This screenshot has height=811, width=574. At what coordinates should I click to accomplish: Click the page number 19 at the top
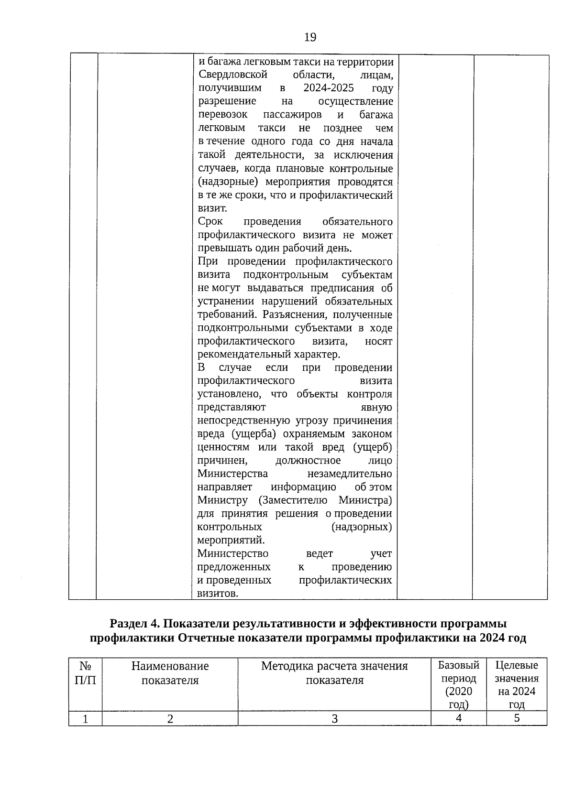pyautogui.click(x=309, y=37)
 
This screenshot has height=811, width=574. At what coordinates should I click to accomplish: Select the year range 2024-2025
pyautogui.click(x=328, y=88)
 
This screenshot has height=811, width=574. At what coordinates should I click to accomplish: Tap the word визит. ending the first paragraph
pyautogui.click(x=212, y=208)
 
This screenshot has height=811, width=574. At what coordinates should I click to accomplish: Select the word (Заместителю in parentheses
pyautogui.click(x=293, y=500)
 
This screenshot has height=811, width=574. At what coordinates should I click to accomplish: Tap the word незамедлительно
pyautogui.click(x=349, y=474)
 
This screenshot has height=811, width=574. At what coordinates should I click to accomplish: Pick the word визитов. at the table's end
pyautogui.click(x=218, y=594)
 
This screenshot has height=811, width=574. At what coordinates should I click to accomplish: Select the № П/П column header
pyautogui.click(x=85, y=673)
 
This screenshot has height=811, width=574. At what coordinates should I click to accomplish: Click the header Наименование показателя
pyautogui.click(x=170, y=673)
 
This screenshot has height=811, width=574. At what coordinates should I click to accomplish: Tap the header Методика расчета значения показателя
pyautogui.click(x=334, y=673)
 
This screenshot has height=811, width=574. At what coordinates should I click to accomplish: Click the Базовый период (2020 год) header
pyautogui.click(x=458, y=684)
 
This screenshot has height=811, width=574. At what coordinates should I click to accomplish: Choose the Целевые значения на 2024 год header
pyautogui.click(x=516, y=684)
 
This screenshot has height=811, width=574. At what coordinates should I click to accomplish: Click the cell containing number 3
pyautogui.click(x=334, y=718)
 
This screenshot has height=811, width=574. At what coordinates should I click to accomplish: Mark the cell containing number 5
pyautogui.click(x=517, y=718)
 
